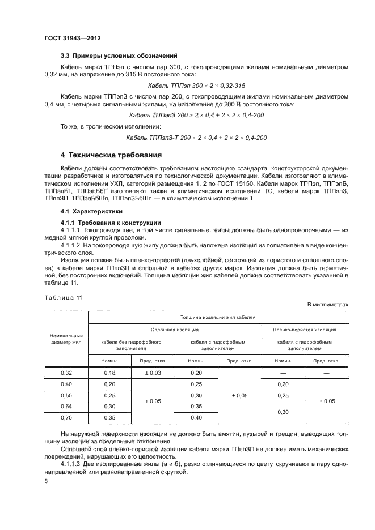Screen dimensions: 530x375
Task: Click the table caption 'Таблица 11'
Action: tap(64, 297)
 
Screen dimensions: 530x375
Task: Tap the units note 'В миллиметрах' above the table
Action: tap(327, 304)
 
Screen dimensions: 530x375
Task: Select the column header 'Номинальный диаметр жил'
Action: tap(66, 339)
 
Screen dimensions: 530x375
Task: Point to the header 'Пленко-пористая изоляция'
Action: tap(305, 328)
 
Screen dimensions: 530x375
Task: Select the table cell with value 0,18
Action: tap(109, 373)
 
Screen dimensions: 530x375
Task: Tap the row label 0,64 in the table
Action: tap(66, 406)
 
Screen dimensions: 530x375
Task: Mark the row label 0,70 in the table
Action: tap(66, 417)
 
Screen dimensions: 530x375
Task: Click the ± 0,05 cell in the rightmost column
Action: tap(327, 400)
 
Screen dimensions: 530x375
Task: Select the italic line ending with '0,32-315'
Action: tap(196, 85)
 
